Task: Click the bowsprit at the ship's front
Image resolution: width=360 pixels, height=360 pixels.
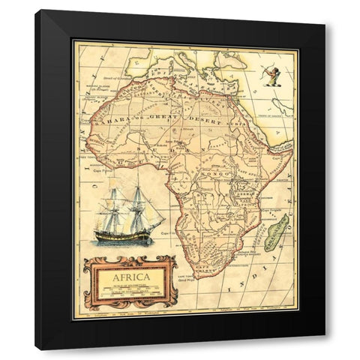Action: (x=158, y=217)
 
